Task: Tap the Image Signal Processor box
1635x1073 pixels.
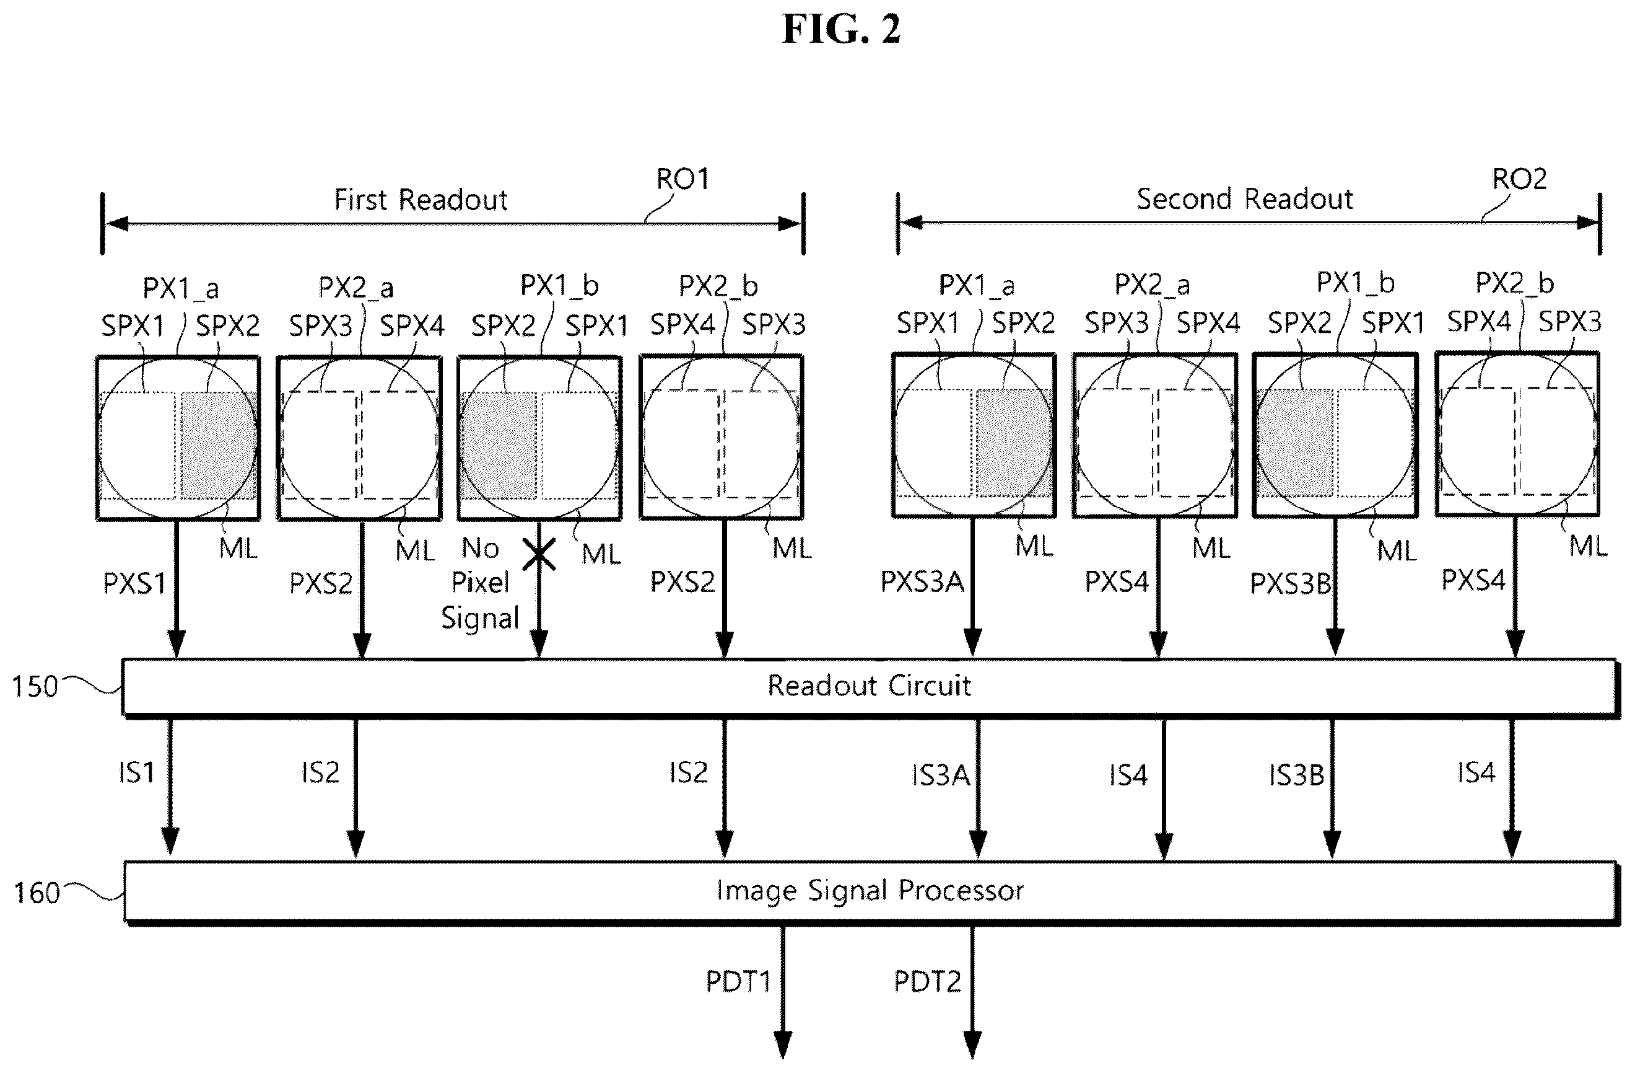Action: click(870, 891)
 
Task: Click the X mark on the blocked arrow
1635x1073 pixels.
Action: click(539, 554)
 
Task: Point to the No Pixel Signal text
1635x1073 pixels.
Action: click(479, 583)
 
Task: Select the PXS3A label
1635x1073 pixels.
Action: click(922, 582)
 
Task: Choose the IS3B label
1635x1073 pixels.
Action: click(1296, 775)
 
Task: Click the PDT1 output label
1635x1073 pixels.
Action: click(738, 982)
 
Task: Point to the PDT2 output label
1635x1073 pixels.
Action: click(926, 982)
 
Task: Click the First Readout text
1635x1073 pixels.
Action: click(421, 200)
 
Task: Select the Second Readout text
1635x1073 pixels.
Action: click(1245, 198)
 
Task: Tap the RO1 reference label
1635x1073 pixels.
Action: click(682, 179)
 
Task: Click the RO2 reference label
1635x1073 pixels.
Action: click(1519, 179)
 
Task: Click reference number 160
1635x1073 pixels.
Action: click(37, 893)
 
